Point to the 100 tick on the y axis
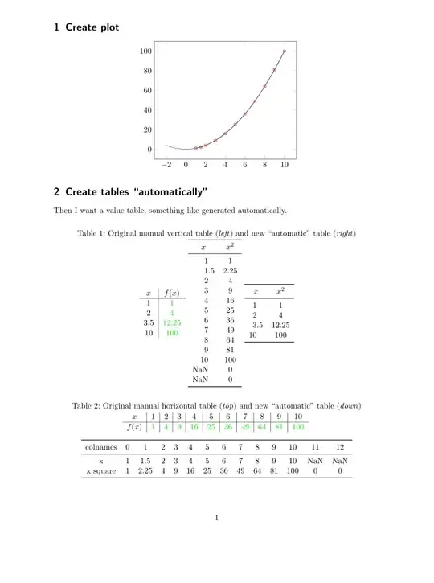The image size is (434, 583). pos(145,51)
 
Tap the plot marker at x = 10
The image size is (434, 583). pos(285,51)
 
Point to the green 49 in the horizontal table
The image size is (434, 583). pos(247,426)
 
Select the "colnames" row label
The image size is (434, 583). pos(101,446)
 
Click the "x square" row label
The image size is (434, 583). pos(101,472)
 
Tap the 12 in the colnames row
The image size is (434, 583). pos(342,446)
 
